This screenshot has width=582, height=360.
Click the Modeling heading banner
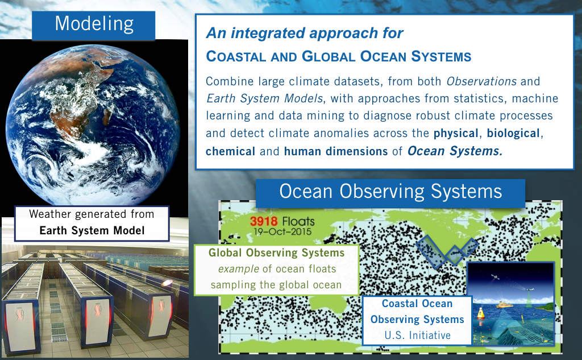coord(94,25)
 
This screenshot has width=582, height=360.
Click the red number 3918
coord(264,221)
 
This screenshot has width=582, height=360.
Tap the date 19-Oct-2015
coord(282,231)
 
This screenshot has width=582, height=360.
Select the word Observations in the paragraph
coord(481,81)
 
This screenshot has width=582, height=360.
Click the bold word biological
coord(513,133)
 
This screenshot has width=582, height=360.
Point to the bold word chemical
coord(231,151)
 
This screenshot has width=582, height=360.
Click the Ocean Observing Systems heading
coord(390,192)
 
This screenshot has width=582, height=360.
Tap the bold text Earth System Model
coord(92,231)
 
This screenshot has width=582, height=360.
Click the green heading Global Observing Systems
coord(277,253)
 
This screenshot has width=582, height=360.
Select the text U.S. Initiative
coord(418,336)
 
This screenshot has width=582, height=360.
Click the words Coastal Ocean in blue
coord(417,304)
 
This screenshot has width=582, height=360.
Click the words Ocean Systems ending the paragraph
coord(455,151)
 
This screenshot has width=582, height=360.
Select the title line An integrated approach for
coord(305,33)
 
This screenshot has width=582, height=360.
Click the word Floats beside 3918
coord(298,221)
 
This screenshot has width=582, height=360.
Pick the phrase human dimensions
coord(336,151)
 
